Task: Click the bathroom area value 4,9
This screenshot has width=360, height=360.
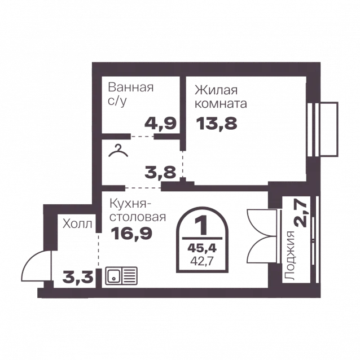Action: tap(160, 123)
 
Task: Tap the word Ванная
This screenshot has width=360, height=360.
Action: tap(131, 87)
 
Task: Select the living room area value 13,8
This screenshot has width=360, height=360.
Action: tap(217, 123)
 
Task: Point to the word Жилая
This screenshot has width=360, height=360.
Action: tap(216, 90)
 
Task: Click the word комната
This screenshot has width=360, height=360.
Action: tap(221, 103)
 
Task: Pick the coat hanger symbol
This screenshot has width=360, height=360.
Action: tap(118, 151)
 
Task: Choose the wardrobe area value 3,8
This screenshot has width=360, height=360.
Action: tap(160, 172)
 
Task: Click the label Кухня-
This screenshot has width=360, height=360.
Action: tap(130, 204)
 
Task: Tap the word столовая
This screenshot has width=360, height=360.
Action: tap(138, 217)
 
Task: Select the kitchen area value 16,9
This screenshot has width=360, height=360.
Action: tap(131, 233)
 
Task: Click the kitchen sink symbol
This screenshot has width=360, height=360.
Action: tap(121, 276)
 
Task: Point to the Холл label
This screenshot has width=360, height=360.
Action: tap(77, 223)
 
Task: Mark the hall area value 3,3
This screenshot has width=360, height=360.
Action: tap(78, 278)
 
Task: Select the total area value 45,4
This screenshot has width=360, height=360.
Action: tap(202, 248)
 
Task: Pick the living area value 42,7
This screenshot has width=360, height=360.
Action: tap(202, 261)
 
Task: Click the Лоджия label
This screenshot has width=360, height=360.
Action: tap(289, 256)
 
